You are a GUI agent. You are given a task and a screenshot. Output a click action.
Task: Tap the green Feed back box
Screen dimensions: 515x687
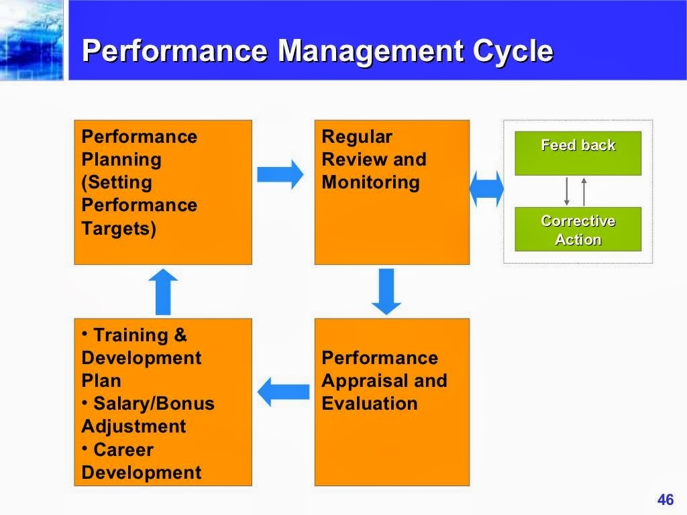click(578, 153)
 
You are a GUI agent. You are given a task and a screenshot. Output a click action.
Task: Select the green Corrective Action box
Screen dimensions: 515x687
click(578, 229)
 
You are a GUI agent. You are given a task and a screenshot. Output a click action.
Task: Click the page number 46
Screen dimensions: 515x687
click(665, 500)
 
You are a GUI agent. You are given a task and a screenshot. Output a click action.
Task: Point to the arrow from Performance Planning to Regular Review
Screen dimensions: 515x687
click(280, 174)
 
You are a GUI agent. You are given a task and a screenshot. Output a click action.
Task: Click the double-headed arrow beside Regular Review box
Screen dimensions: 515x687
click(486, 189)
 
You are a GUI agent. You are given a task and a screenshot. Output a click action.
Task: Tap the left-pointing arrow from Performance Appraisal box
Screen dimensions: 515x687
click(283, 392)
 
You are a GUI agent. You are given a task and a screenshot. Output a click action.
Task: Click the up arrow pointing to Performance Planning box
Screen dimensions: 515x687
click(163, 291)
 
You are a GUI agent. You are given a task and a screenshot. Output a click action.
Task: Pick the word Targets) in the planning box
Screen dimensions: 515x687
click(119, 228)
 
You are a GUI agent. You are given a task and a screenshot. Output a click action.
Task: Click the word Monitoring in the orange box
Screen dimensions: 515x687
click(370, 182)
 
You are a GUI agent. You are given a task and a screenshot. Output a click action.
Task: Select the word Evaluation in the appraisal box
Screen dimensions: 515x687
click(369, 404)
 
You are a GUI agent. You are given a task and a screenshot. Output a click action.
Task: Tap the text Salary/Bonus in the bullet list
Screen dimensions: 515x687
click(154, 404)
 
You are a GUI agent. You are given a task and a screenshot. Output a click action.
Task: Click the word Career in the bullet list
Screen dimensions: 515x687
click(123, 449)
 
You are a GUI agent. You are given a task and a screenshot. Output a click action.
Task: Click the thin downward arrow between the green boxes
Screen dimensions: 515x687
click(567, 191)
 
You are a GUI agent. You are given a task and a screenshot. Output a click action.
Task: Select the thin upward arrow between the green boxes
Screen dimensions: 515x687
click(584, 191)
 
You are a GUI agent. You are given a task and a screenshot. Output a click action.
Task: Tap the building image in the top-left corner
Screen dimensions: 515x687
click(32, 40)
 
